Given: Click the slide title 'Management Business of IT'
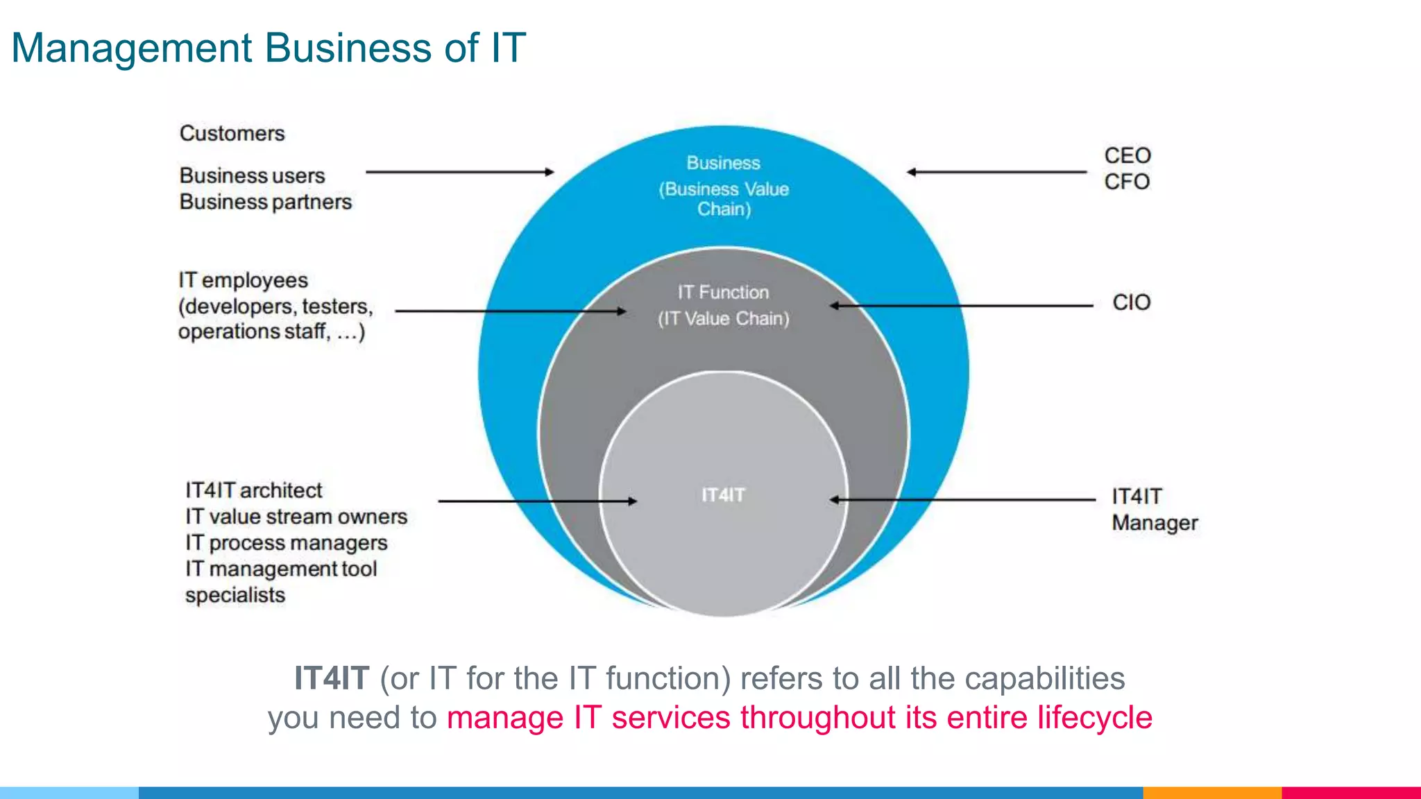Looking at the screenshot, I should pos(269,48).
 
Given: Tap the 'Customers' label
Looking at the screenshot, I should pos(232,133).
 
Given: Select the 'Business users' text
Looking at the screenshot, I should pos(252,175).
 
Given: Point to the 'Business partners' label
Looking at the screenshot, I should pos(265,202).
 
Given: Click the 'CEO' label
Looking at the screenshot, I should pos(1128,155).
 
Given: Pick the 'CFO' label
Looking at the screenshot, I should pos(1127,182).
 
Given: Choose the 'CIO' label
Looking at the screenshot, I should pos(1131,302).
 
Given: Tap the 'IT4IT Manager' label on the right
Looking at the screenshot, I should pos(1154,510).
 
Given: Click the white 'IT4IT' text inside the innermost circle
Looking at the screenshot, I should pos(723,495).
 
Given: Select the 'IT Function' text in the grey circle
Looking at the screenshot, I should pos(723,293).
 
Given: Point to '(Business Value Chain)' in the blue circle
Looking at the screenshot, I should pos(724,199).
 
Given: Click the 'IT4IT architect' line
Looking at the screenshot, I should pos(253,490).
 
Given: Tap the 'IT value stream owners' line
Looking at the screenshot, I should pos(296,517).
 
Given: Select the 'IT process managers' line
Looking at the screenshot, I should pos(286,543).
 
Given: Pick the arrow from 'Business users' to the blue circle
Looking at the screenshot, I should pos(459,172).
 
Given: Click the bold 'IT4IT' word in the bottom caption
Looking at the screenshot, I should pos(331,678).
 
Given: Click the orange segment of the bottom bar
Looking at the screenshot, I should pos(1211,792).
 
